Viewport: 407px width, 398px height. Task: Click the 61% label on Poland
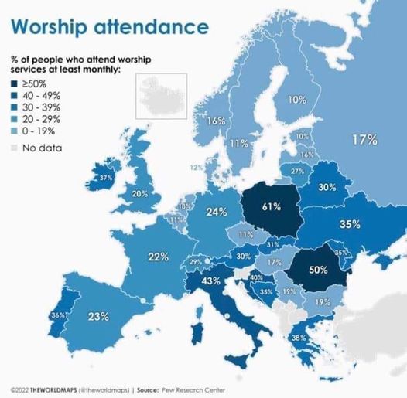[271, 206]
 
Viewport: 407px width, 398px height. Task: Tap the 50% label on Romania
[319, 270]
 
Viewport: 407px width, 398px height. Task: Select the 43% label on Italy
[212, 282]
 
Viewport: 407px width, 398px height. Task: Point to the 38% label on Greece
[299, 337]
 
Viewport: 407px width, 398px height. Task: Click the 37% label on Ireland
[107, 178]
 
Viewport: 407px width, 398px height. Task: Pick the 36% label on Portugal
[57, 315]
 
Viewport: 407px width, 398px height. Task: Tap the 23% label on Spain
[97, 316]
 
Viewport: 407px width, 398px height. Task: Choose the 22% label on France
[159, 257]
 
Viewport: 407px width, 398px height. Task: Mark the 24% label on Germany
[216, 212]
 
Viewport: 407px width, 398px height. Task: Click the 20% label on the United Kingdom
[140, 193]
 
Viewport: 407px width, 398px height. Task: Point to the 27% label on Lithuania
[297, 170]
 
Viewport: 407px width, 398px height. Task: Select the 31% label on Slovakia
[273, 244]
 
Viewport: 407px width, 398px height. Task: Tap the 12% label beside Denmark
[197, 167]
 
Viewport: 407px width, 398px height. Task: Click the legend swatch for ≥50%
[15, 83]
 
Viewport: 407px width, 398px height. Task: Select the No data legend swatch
[15, 147]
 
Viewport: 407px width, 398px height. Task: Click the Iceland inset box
[161, 97]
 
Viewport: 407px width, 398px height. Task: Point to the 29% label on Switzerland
[196, 262]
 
